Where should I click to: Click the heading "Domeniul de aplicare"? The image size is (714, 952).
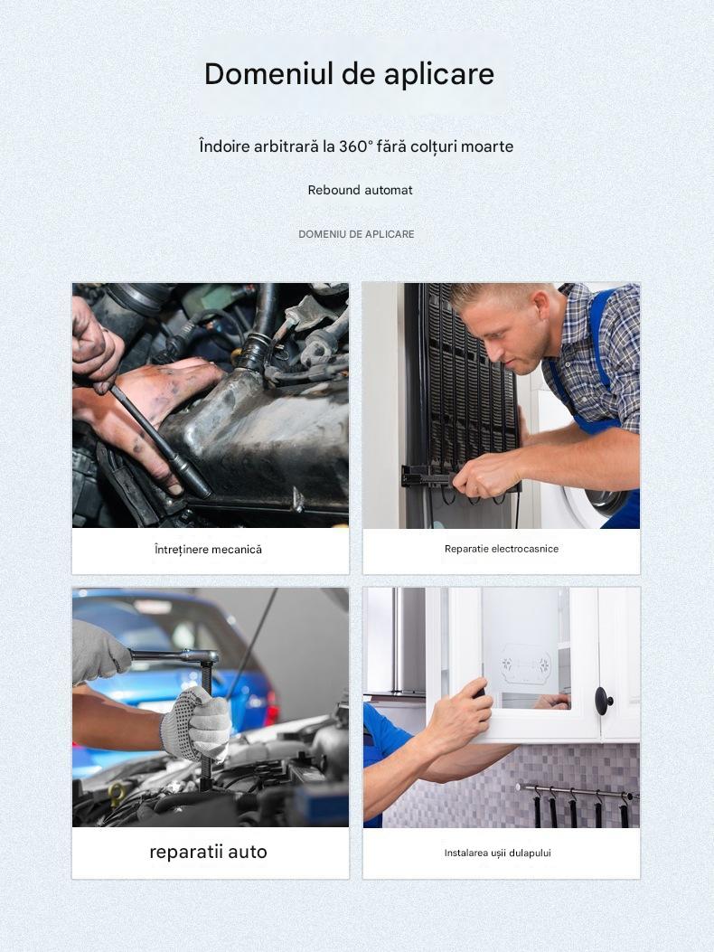point(349,75)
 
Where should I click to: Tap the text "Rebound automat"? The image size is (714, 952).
point(360,190)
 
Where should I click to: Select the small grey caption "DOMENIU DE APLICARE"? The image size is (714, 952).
point(356,234)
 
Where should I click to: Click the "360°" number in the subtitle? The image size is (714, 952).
point(355,146)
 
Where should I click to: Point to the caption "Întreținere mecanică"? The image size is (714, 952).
point(208,550)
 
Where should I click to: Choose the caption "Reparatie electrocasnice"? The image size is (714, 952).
point(502,549)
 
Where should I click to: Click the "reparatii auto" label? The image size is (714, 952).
point(208,852)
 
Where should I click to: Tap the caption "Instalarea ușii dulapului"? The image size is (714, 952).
point(498,853)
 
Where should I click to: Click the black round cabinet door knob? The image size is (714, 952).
point(604,701)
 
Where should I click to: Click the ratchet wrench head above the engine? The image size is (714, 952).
point(204,656)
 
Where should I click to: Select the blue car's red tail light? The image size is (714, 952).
point(270,708)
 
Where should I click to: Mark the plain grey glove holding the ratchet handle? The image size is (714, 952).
point(99,653)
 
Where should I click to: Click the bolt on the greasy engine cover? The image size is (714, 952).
point(297,500)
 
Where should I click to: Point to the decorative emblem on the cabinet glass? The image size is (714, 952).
point(525,664)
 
